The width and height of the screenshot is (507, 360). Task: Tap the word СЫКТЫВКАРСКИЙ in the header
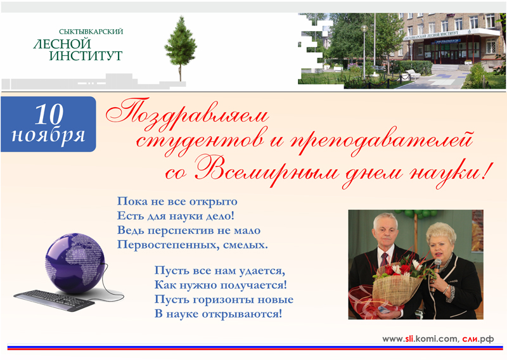[x=91, y=32]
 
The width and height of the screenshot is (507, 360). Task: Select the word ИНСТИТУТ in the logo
[x=86, y=55]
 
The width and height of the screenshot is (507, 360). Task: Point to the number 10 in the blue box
[x=49, y=114]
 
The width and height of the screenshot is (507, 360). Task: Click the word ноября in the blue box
[x=48, y=135]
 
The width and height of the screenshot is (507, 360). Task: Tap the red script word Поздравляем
[x=188, y=114]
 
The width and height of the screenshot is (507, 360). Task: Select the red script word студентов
[x=200, y=141]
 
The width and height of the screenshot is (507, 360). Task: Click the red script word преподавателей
[x=382, y=143]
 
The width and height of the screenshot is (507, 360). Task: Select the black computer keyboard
[x=55, y=300]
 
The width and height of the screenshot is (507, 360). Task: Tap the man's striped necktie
[x=384, y=260]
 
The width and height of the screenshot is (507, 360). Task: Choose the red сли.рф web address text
[x=478, y=338]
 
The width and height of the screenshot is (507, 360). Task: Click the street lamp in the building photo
[x=364, y=52]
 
